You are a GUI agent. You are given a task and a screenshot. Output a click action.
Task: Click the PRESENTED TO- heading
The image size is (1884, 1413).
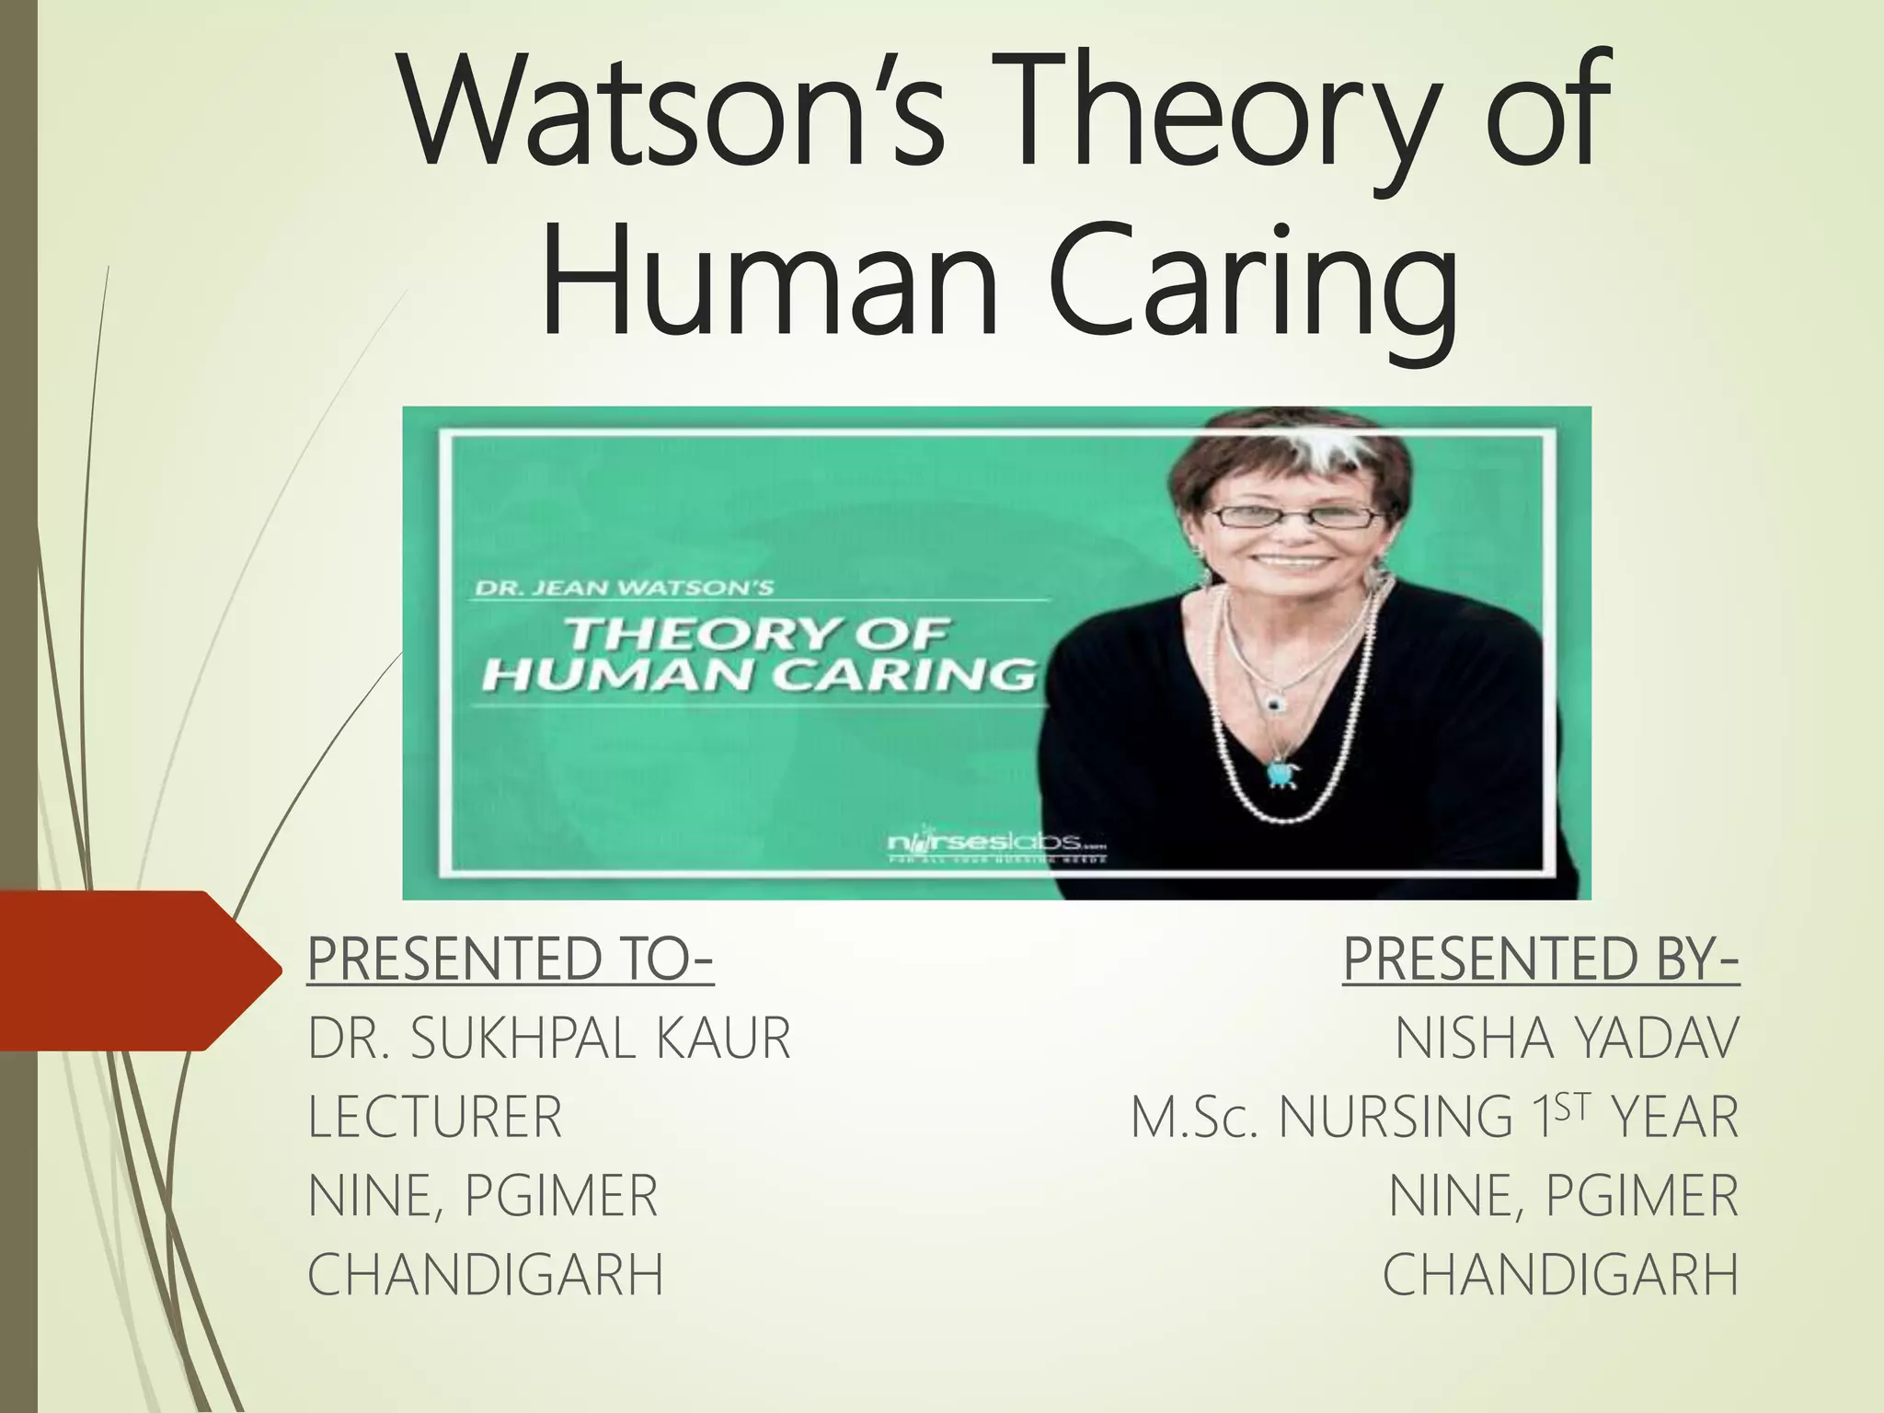(x=511, y=959)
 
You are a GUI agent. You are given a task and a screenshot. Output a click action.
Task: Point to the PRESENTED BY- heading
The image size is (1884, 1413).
(x=1541, y=959)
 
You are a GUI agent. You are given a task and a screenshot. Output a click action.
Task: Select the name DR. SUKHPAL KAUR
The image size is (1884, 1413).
(x=549, y=1039)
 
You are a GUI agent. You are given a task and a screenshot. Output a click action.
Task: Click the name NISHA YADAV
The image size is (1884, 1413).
(x=1567, y=1039)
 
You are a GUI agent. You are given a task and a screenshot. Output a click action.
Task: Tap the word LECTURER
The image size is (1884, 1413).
(x=435, y=1117)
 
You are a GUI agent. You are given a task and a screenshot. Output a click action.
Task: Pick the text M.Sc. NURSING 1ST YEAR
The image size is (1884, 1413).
(x=1435, y=1117)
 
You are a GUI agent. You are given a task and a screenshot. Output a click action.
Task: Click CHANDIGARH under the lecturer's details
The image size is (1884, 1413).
(x=486, y=1275)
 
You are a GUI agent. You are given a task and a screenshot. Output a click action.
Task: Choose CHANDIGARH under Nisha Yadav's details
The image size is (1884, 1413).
(x=1560, y=1275)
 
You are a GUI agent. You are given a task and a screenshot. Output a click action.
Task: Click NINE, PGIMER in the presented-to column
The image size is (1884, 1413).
(x=483, y=1196)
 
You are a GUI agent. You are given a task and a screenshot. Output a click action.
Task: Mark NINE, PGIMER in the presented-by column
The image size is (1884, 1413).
(x=1564, y=1196)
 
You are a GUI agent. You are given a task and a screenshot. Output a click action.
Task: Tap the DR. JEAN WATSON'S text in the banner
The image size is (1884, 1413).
(x=624, y=587)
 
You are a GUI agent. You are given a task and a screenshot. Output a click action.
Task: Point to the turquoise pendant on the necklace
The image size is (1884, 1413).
(x=1279, y=772)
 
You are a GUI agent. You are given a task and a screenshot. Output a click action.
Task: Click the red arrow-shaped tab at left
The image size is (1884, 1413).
(x=138, y=971)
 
